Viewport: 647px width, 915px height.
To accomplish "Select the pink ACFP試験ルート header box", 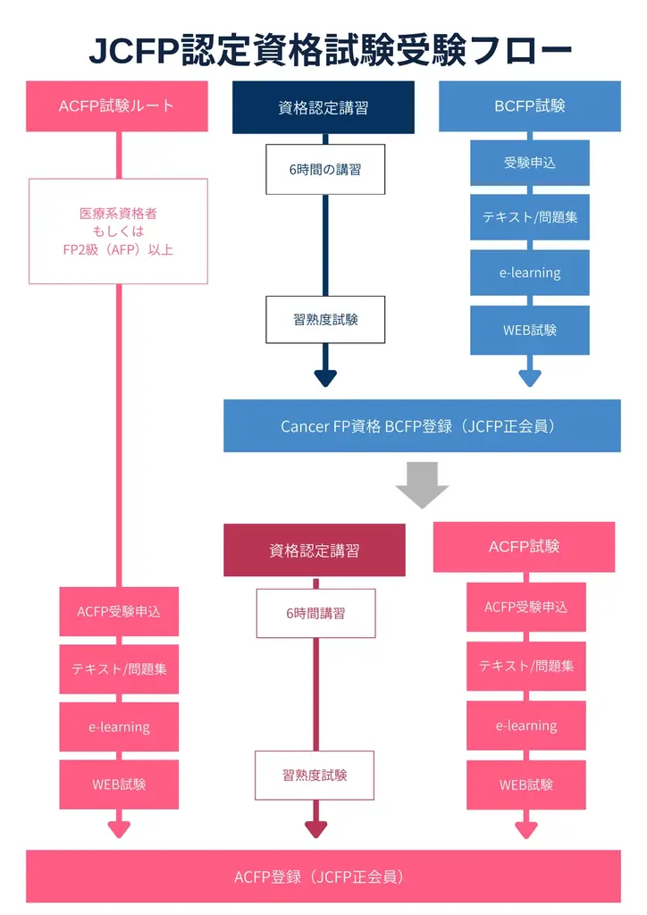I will point(117,106).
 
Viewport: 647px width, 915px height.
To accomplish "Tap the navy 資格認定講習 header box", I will point(323,108).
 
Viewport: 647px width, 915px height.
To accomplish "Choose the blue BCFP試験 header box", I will point(530,106).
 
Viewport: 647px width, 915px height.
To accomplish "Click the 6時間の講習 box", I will point(325,169).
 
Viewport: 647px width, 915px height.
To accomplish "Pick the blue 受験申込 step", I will point(530,163).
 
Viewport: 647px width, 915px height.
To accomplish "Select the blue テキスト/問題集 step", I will point(530,217).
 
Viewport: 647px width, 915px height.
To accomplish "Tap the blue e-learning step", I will point(530,273).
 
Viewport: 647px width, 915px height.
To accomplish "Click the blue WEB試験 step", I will point(530,330).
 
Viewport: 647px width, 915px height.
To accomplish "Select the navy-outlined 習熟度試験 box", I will point(325,319).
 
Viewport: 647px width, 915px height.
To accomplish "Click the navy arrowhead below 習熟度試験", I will point(325,377).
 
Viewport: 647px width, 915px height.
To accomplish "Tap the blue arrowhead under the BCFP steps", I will point(530,376).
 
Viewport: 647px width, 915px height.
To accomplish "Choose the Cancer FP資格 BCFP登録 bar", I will point(422,426).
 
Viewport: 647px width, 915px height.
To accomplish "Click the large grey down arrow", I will point(422,484).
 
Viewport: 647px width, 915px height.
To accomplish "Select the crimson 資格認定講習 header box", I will point(315,550).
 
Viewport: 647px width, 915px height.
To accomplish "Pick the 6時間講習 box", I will point(315,613).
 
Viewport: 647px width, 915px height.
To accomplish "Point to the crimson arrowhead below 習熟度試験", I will point(315,829).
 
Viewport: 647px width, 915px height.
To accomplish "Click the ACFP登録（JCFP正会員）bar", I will point(323,877).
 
